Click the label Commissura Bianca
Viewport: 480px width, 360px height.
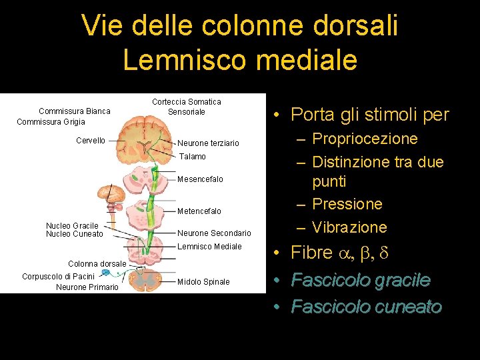(x=75, y=111)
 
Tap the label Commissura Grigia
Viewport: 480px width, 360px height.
(x=51, y=122)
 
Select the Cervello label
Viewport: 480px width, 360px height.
(x=91, y=141)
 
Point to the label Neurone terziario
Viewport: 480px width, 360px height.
(x=208, y=143)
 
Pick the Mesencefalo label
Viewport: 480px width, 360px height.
(x=200, y=179)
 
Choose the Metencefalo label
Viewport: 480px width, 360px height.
(x=199, y=211)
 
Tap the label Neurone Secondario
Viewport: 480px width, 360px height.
(x=214, y=233)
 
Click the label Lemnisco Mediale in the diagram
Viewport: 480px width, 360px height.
(x=209, y=247)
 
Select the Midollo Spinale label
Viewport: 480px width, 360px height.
(x=203, y=282)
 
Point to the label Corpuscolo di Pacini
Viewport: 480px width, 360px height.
(x=58, y=276)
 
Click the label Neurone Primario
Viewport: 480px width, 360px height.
(x=87, y=287)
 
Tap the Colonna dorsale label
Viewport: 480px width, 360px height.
(x=97, y=264)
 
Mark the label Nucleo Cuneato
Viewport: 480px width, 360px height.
(x=75, y=234)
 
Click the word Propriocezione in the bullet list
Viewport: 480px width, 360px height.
(x=365, y=139)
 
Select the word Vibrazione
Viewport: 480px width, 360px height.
(x=349, y=227)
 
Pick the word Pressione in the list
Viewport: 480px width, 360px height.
(x=347, y=204)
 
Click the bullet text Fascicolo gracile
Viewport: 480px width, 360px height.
(x=361, y=281)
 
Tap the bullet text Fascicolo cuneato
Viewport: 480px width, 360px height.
(x=367, y=307)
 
